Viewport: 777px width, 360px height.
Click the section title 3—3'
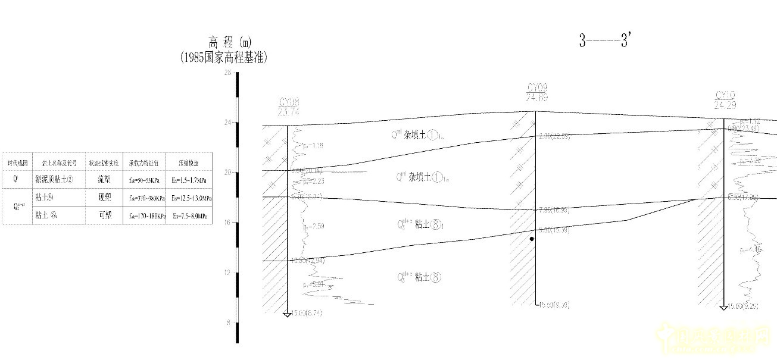(604, 40)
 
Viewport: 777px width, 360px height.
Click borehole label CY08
(289, 101)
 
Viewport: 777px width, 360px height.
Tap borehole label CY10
(725, 95)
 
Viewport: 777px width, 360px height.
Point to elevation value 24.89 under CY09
(536, 98)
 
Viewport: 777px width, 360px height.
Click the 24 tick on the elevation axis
(227, 123)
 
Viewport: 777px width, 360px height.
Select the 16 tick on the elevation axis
(227, 223)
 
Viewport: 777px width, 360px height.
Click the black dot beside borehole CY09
(532, 239)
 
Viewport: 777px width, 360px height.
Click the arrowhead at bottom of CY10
(723, 307)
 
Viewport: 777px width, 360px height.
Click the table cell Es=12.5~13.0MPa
(189, 198)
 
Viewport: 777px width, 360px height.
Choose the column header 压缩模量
(189, 162)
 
